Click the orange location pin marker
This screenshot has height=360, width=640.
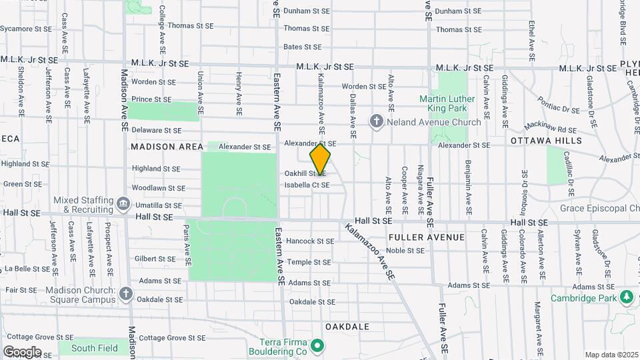(x=320, y=160)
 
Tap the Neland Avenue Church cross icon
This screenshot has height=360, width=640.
(x=377, y=122)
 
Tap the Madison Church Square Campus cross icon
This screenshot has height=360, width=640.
(x=127, y=294)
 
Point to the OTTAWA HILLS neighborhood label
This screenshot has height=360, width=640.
(x=546, y=141)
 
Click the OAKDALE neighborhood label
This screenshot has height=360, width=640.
(x=347, y=327)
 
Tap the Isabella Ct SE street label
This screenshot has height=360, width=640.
(x=307, y=185)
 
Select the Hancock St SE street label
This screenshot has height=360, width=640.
(x=309, y=241)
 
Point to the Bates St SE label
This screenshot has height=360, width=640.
(x=302, y=47)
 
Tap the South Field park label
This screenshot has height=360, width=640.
(x=94, y=348)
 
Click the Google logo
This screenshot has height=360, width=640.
(x=22, y=352)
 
